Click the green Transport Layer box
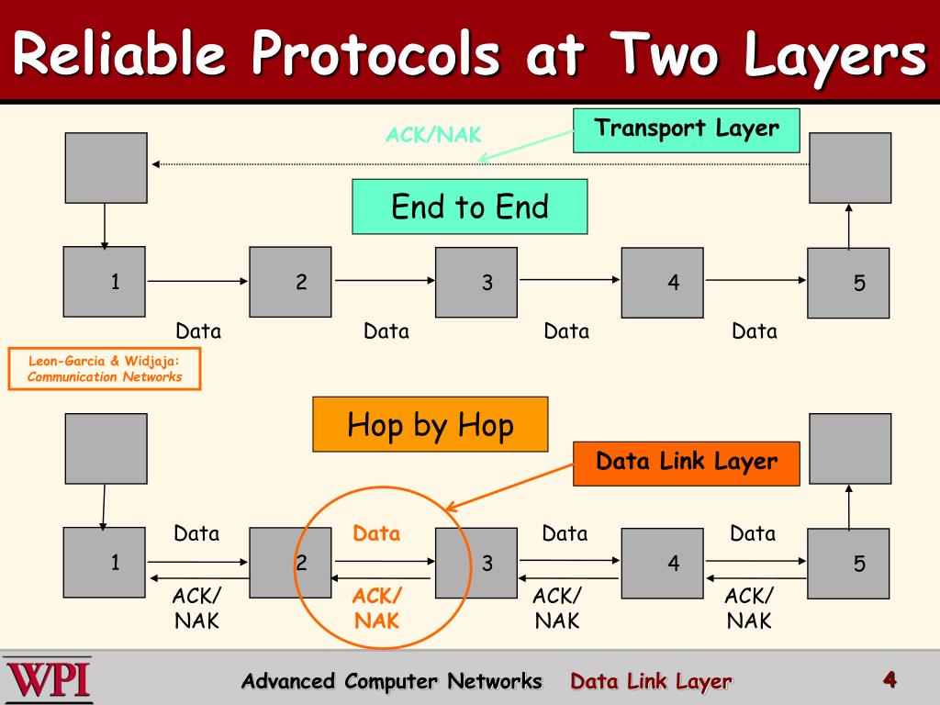[x=687, y=129]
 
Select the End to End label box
[x=469, y=207]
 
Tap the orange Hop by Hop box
[x=430, y=424]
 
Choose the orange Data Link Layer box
[x=687, y=463]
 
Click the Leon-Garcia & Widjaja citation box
[x=104, y=369]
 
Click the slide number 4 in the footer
[x=889, y=679]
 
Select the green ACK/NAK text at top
[x=433, y=135]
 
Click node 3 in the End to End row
[x=476, y=282]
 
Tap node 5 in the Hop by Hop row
[x=849, y=563]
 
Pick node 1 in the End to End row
[x=105, y=282]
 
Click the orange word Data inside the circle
[x=376, y=533]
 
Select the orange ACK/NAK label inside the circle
[x=376, y=609]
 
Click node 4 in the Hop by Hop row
[x=663, y=563]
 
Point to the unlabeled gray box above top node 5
[x=849, y=167]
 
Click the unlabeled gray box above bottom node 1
[x=105, y=448]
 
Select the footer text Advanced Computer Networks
[x=392, y=681]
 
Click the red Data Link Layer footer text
[x=651, y=681]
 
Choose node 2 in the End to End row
[x=291, y=282]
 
